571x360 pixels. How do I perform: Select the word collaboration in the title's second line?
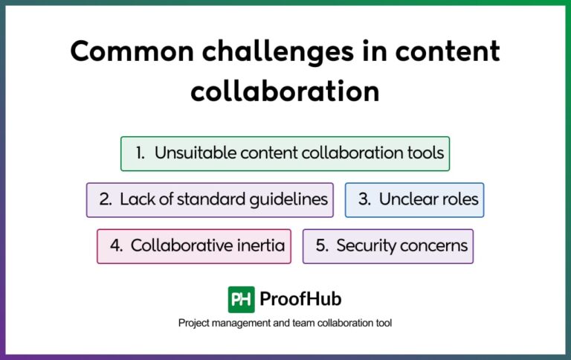[x=285, y=91]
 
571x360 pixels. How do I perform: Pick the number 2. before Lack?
[x=105, y=199]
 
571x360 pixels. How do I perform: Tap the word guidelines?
[x=290, y=199]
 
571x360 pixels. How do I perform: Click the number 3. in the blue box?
[x=364, y=199]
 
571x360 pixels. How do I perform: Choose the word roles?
[x=458, y=199]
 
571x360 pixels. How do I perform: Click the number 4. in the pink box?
[x=116, y=245]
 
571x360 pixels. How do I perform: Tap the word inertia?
[x=260, y=245]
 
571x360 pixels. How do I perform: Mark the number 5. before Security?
[x=322, y=245]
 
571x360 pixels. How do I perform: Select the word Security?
[x=364, y=245]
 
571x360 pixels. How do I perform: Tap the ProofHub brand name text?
[x=300, y=299]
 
